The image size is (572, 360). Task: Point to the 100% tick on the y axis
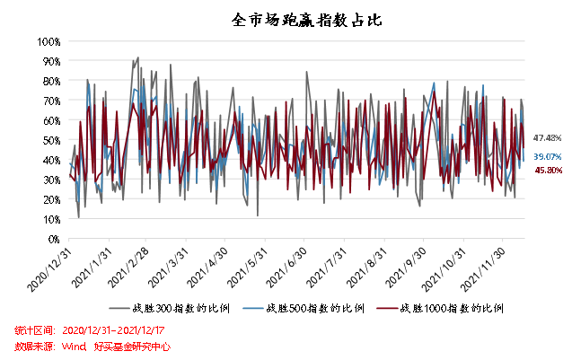click(48, 41)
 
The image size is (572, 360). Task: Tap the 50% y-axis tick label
click(49, 140)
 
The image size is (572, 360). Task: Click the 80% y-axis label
click(49, 81)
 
